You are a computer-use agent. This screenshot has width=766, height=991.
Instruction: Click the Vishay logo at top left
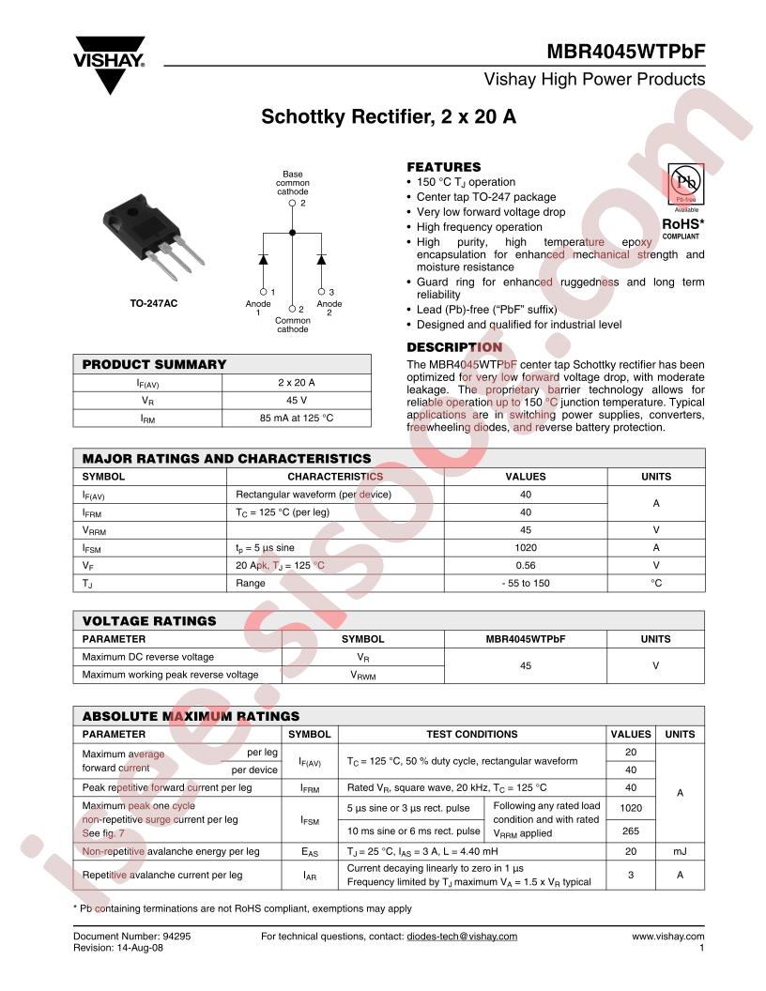[110, 64]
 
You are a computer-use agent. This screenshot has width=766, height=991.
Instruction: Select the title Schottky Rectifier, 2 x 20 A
[389, 118]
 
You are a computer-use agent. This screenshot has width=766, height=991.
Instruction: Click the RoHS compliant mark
[683, 226]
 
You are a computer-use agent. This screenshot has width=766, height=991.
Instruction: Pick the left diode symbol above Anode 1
[265, 258]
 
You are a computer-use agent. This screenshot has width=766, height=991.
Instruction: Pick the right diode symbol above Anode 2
[321, 258]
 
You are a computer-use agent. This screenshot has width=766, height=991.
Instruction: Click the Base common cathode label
[293, 183]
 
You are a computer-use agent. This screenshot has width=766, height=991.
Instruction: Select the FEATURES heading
[443, 166]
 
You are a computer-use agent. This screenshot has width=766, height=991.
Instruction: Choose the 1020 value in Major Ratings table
[525, 547]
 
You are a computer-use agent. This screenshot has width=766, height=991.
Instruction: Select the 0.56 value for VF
[525, 565]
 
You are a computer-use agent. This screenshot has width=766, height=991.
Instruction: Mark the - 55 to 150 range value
[525, 583]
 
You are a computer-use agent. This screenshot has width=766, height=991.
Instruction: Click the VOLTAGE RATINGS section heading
[149, 620]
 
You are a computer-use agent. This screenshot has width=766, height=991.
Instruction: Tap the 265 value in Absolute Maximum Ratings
[631, 830]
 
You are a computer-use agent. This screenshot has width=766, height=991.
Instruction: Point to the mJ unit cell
[680, 851]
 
